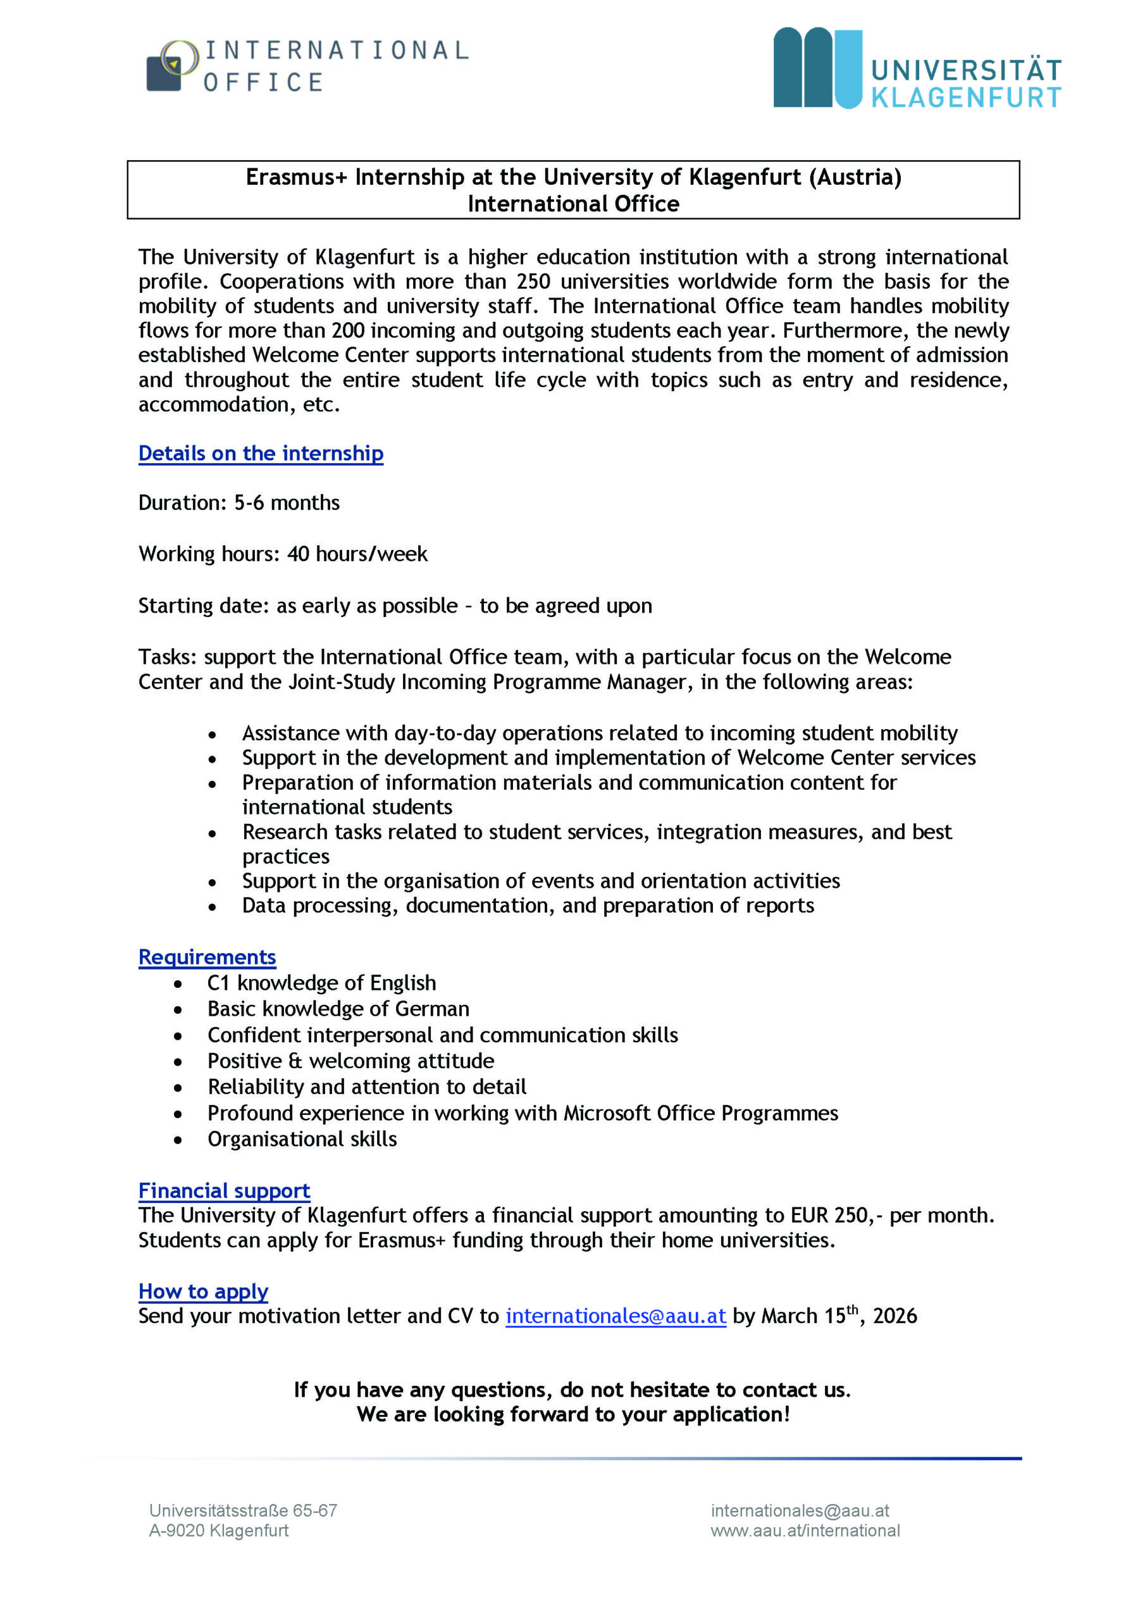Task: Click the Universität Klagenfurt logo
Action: pyautogui.click(x=917, y=68)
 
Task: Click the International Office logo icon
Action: pyautogui.click(x=171, y=66)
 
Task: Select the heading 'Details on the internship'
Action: pyautogui.click(x=261, y=453)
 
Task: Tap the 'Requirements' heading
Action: pyautogui.click(x=207, y=957)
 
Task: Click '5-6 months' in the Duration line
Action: pyautogui.click(x=287, y=502)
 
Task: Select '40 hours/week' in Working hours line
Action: pyautogui.click(x=357, y=554)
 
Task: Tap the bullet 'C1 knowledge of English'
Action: pyautogui.click(x=321, y=983)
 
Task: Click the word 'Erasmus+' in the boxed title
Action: pyautogui.click(x=296, y=177)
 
